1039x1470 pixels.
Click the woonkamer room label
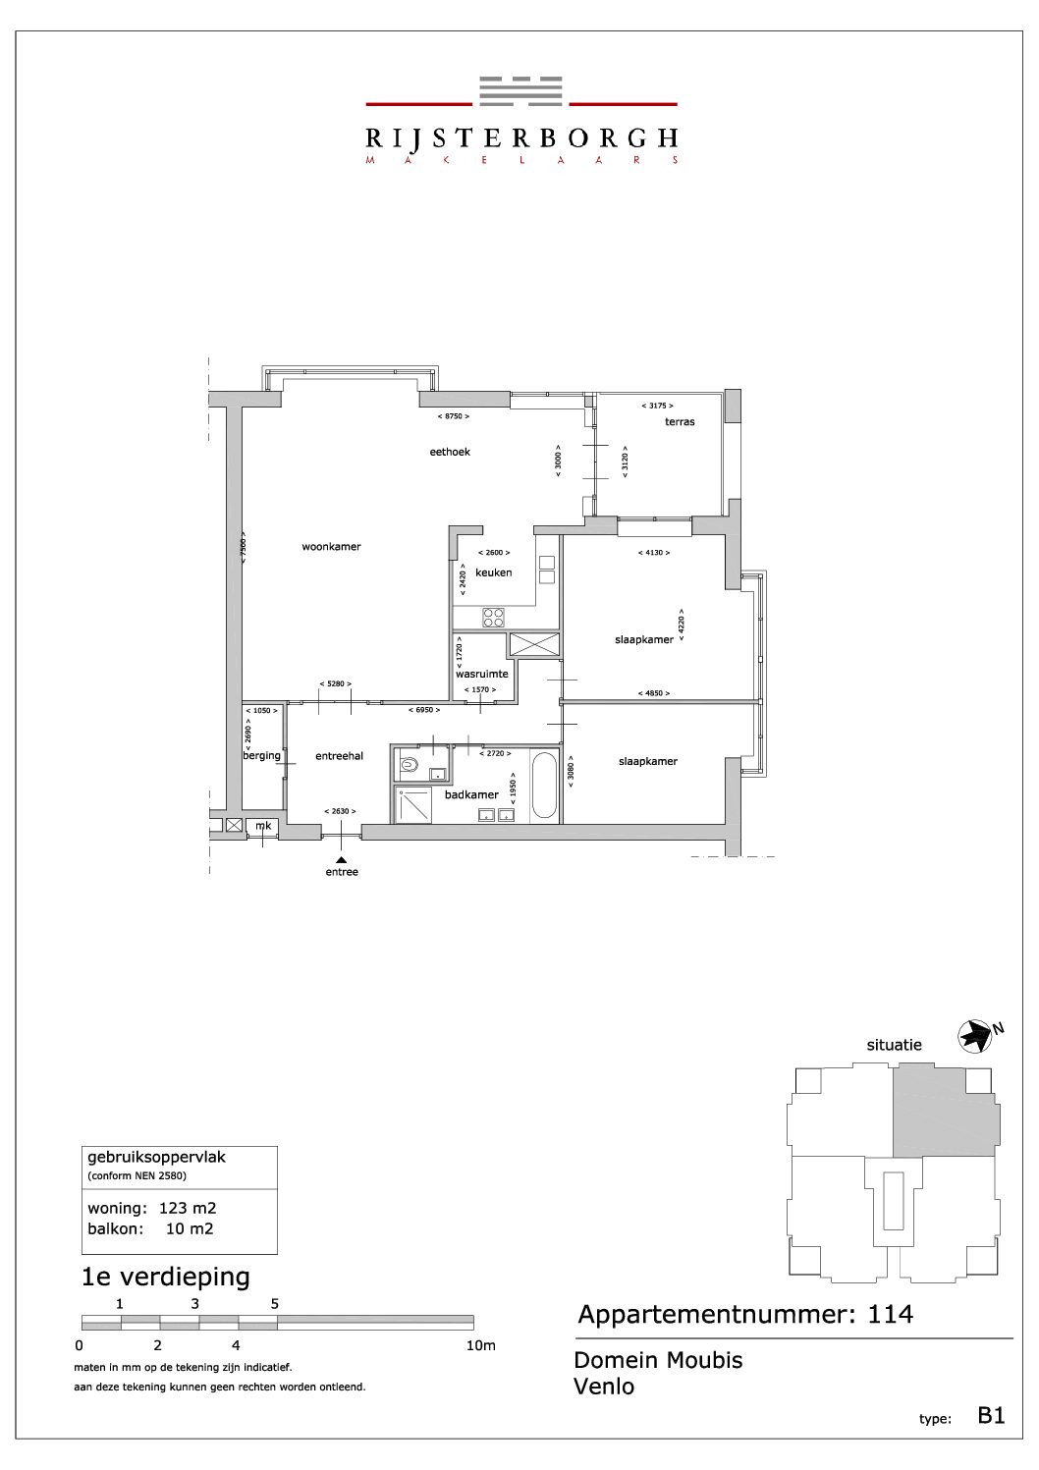pos(331,547)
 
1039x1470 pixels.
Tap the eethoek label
pos(450,452)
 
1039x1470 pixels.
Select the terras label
pos(680,422)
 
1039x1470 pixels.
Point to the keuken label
pos(494,572)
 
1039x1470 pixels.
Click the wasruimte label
pos(482,674)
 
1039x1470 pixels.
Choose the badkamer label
pos(471,794)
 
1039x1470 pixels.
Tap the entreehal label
pos(339,756)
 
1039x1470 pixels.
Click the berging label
pos(261,755)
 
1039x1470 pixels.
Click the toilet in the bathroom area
pos(409,765)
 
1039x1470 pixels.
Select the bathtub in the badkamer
pos(543,785)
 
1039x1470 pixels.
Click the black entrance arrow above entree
pos(341,860)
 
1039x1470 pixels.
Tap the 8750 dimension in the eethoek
pos(453,416)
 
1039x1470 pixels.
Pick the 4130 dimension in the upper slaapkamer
pos(654,553)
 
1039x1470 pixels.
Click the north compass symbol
pos(975,1037)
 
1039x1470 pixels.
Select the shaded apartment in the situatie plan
pos(944,1111)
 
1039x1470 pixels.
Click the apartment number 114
pos(890,1315)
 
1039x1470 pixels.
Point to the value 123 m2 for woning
pos(188,1208)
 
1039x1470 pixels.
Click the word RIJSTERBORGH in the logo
pos(521,138)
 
